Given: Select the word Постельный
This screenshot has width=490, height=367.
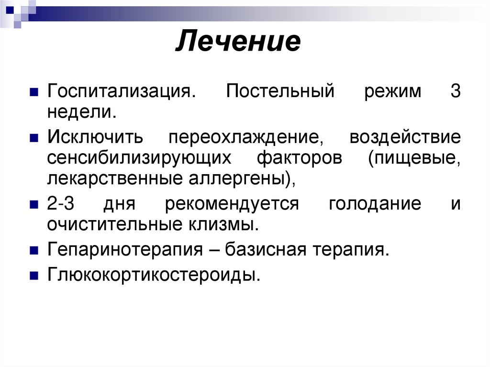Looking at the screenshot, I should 280,91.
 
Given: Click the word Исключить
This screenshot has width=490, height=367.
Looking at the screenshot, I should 95,138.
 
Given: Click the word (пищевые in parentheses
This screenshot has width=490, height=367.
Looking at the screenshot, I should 414,159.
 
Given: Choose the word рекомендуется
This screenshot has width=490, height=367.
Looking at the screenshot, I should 232,204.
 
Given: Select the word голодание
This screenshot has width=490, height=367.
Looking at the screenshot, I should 375,204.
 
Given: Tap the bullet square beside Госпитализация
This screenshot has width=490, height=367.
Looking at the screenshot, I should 33,92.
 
